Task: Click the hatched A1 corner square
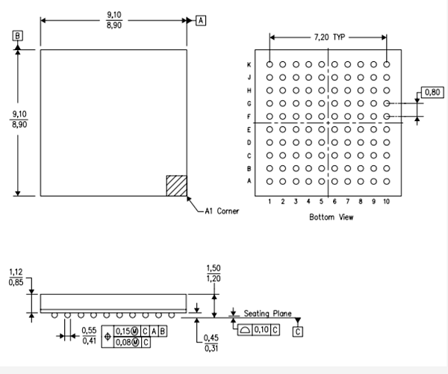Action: pos(175,185)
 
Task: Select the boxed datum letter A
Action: pos(200,21)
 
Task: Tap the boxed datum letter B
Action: pos(17,35)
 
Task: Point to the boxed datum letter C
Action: pos(297,330)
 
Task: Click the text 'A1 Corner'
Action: pos(222,212)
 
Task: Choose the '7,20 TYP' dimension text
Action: pos(328,36)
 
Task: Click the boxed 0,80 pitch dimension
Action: pos(432,92)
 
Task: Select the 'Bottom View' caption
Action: pos(331,217)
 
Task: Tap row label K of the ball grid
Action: pos(249,65)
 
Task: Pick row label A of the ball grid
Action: pos(249,181)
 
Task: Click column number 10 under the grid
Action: pos(386,201)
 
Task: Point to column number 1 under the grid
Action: pos(270,201)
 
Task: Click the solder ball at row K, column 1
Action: pos(270,65)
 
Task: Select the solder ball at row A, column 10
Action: pos(386,181)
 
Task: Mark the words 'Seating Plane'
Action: pos(267,313)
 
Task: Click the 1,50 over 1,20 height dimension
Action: pos(214,272)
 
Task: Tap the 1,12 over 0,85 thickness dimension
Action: pos(15,277)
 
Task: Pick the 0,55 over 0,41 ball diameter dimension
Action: pos(90,335)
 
